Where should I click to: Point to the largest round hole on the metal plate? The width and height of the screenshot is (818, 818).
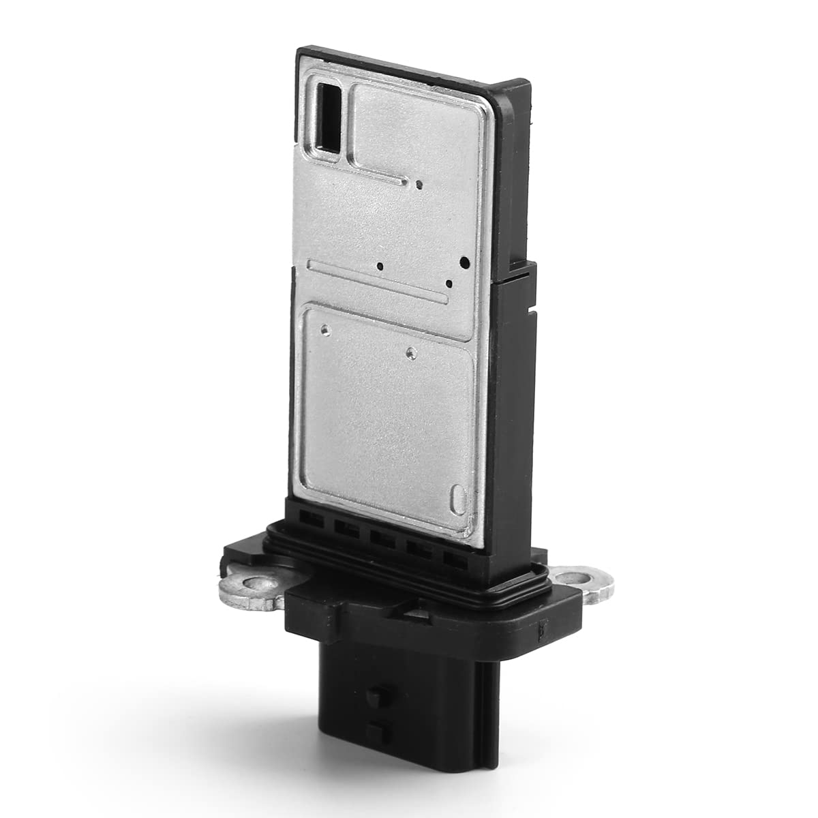coord(465,261)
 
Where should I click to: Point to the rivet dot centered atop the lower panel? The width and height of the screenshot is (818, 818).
coord(409,352)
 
